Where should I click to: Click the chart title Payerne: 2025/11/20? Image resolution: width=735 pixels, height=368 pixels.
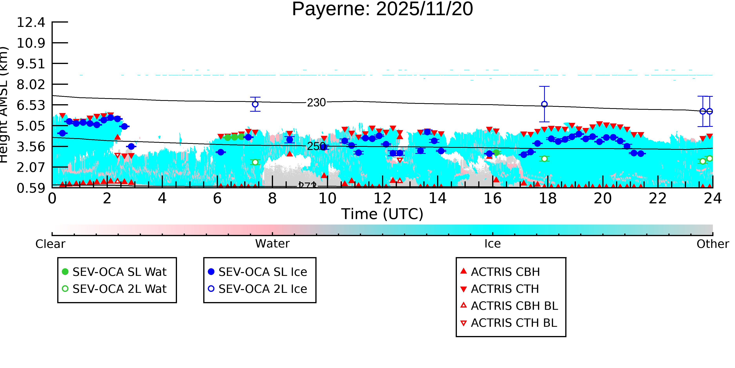pyautogui.click(x=382, y=9)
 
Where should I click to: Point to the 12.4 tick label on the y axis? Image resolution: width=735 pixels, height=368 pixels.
pyautogui.click(x=31, y=22)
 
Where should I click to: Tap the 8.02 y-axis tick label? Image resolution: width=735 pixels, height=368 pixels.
pyautogui.click(x=31, y=85)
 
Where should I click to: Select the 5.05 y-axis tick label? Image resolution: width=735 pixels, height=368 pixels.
pyautogui.click(x=31, y=126)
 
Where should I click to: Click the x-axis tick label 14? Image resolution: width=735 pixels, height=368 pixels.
pyautogui.click(x=437, y=198)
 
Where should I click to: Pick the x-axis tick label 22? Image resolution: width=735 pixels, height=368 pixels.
pyautogui.click(x=658, y=198)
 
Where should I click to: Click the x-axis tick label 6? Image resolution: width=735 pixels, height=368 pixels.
pyautogui.click(x=217, y=198)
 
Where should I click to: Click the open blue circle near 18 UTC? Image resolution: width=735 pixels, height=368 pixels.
pyautogui.click(x=544, y=104)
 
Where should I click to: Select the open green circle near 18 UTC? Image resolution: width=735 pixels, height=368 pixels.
pyautogui.click(x=544, y=159)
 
